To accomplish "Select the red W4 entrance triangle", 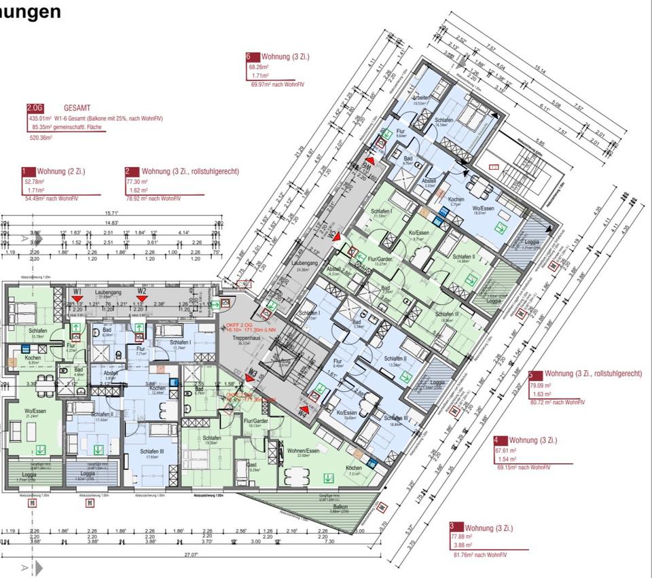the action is point(306,409).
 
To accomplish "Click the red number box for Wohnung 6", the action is point(249,58).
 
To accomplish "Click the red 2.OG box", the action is point(34,108).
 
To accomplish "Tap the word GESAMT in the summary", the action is point(79,108).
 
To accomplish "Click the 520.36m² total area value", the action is point(41,137).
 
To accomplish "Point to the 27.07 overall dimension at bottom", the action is point(189,555).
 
